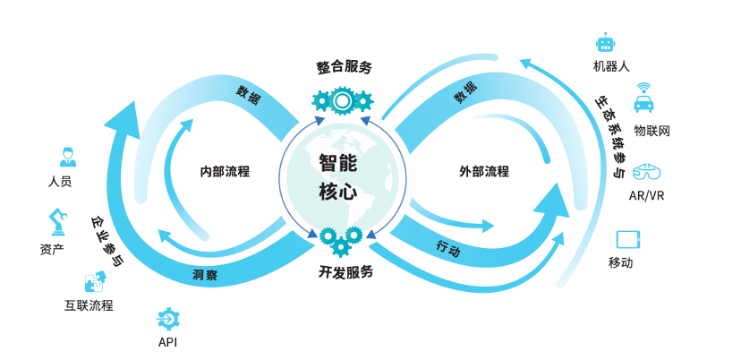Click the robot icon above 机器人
click(x=606, y=44)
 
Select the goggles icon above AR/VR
click(x=646, y=170)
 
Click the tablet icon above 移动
click(x=629, y=239)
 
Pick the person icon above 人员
click(x=66, y=157)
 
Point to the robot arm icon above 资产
click(x=56, y=220)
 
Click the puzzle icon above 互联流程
click(x=93, y=283)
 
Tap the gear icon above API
click(x=167, y=318)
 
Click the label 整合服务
click(x=344, y=67)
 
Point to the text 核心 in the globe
click(x=337, y=191)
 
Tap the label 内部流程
click(x=225, y=171)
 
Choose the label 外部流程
click(x=483, y=171)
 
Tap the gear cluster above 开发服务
click(x=341, y=238)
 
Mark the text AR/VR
click(x=646, y=194)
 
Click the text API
click(x=168, y=342)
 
